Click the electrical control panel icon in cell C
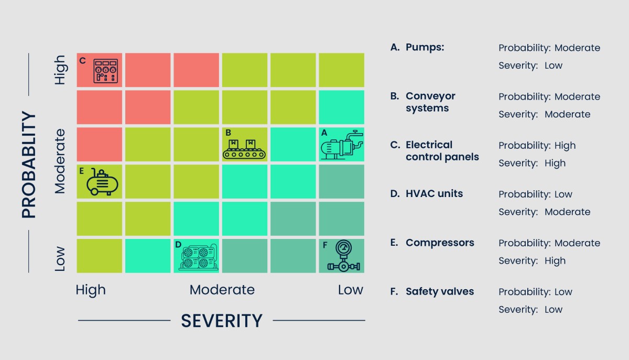click(x=105, y=71)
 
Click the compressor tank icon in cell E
click(x=103, y=182)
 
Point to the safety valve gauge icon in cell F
click(x=343, y=256)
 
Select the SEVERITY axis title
click(x=221, y=320)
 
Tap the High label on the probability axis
click(x=60, y=70)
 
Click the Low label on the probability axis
click(x=60, y=258)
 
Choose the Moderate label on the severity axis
click(x=222, y=290)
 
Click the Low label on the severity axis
click(x=350, y=290)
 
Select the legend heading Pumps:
click(x=425, y=47)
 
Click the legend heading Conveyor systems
click(x=430, y=102)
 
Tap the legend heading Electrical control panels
click(x=442, y=151)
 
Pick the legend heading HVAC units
click(x=434, y=194)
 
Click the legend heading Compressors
click(x=440, y=243)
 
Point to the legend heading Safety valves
click(x=439, y=291)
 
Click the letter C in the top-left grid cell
click(x=82, y=61)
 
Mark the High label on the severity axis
click(x=91, y=290)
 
